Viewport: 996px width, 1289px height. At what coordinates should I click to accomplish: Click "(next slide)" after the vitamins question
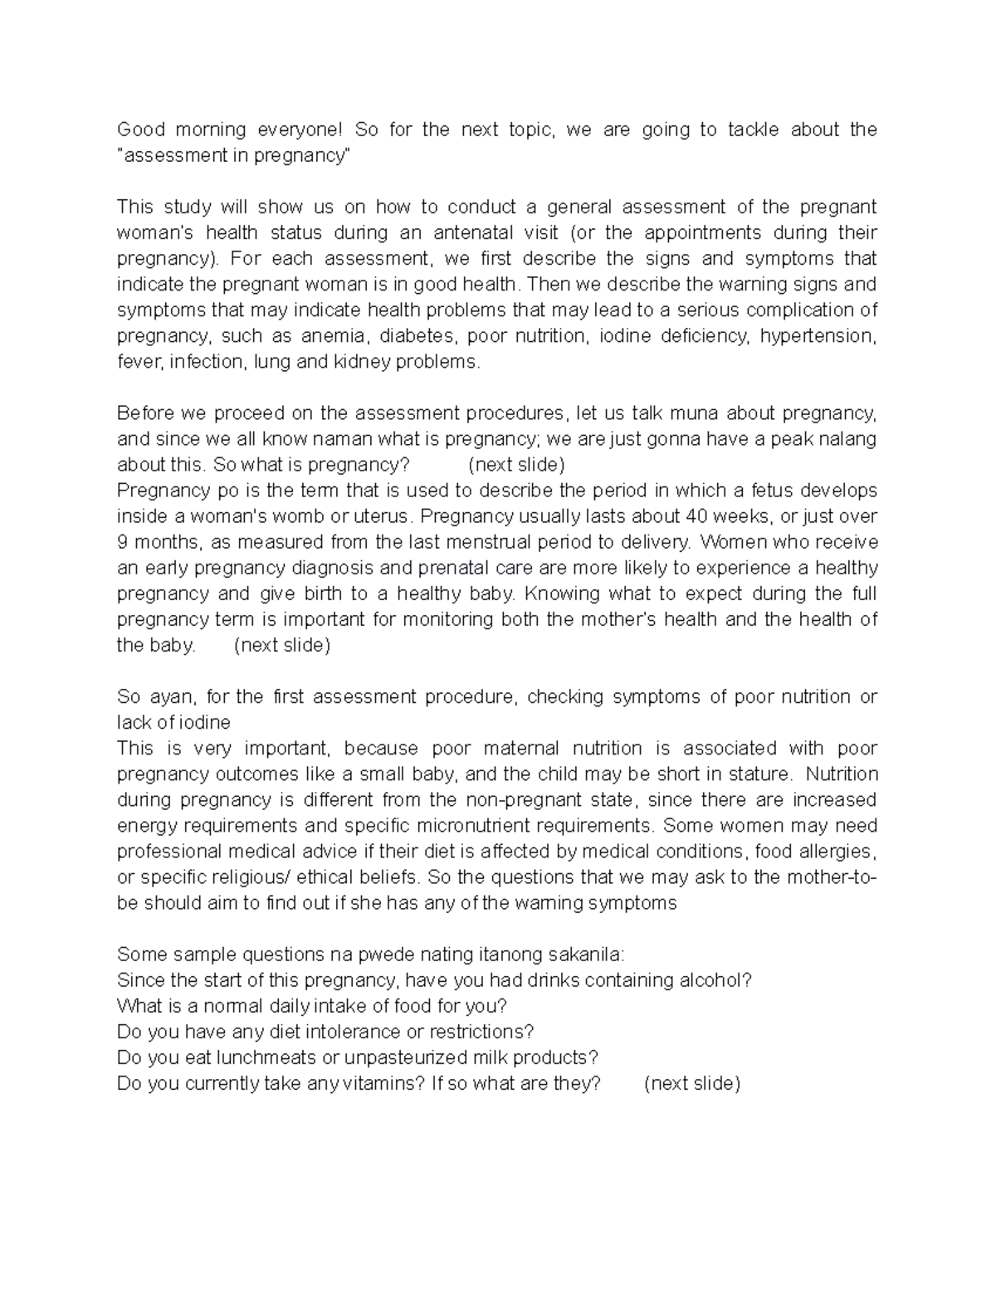(x=691, y=1083)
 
